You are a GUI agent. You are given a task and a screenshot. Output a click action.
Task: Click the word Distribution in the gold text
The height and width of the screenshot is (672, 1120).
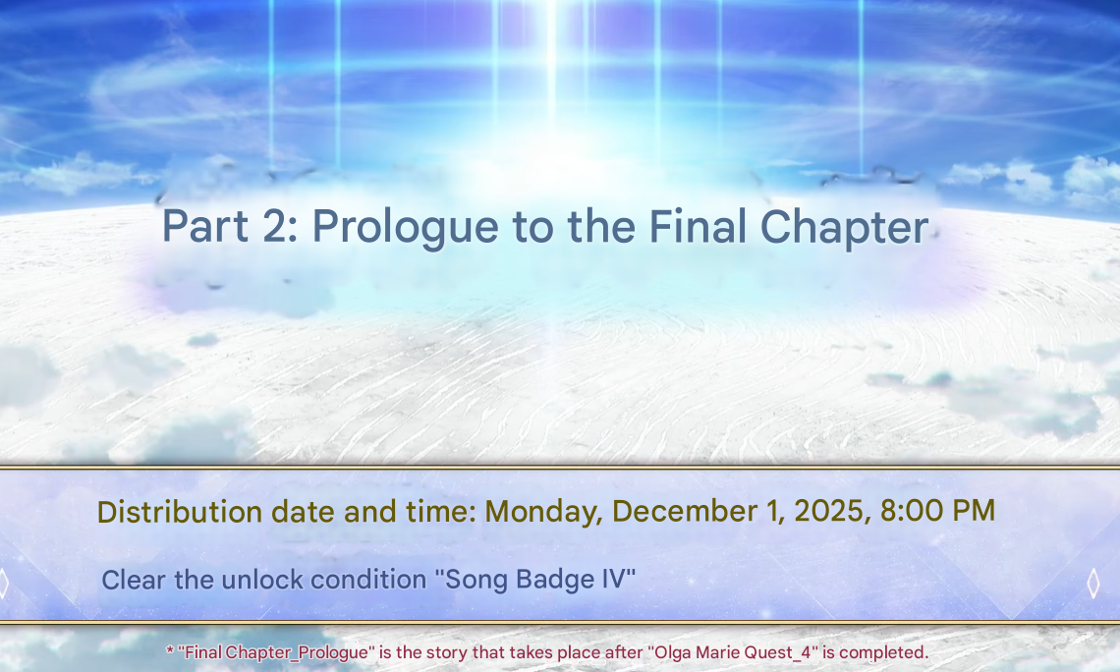[180, 512]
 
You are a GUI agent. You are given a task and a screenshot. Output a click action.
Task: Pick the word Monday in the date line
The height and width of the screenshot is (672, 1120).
[543, 512]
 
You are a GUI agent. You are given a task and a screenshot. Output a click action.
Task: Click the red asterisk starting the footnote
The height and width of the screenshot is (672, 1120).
[170, 650]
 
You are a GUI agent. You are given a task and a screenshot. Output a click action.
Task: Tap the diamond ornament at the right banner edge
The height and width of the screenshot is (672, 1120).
[1092, 584]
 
